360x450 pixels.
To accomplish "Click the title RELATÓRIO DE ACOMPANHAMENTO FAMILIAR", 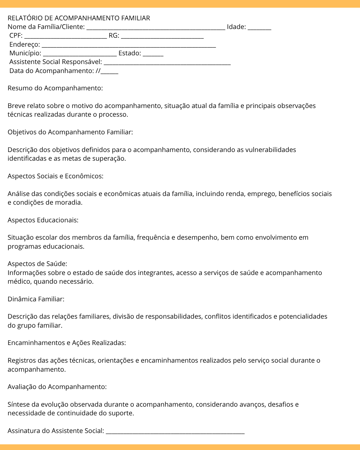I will [x=79, y=18].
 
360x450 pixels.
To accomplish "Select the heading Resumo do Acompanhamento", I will [x=55, y=88].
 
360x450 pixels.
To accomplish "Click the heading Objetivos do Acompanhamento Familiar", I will [x=70, y=132].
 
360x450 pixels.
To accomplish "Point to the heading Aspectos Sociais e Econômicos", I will [x=55, y=176].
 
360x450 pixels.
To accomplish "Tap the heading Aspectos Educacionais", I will [x=43, y=220].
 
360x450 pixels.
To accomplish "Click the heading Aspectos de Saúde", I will [x=37, y=264].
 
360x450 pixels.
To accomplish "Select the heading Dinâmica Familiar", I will [x=36, y=299].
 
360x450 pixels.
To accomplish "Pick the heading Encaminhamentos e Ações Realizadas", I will [x=67, y=343].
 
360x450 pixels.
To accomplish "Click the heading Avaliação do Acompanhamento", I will [x=57, y=387].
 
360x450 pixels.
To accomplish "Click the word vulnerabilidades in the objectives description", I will [x=271, y=150].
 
